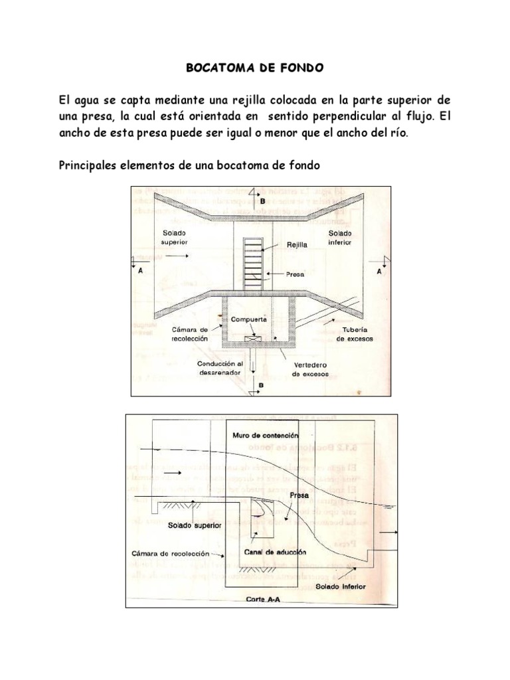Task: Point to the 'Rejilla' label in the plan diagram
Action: [297, 244]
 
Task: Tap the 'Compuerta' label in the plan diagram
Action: [249, 319]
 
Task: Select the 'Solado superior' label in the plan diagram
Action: [174, 238]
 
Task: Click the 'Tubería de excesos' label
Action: [354, 334]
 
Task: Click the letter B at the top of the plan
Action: [262, 199]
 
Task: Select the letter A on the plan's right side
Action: [379, 272]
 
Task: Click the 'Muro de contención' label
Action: [265, 435]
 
